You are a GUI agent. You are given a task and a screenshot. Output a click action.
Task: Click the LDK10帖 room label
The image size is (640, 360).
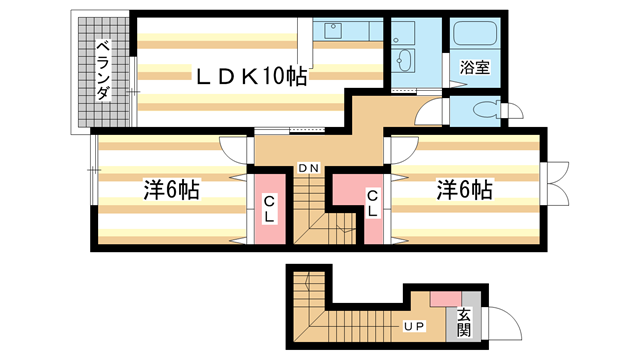[x=251, y=76]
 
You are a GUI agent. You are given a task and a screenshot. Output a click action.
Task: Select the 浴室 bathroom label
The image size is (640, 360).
[x=475, y=67]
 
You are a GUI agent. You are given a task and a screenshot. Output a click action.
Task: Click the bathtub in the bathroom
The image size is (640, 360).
[x=475, y=33]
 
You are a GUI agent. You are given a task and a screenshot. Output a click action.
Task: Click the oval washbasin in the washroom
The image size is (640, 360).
[x=404, y=61]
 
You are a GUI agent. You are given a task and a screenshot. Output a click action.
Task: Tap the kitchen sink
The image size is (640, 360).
[x=333, y=31]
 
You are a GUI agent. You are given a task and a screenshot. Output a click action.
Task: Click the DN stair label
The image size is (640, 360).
[x=309, y=168]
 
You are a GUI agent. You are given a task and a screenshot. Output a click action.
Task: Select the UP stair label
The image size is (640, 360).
[x=414, y=326]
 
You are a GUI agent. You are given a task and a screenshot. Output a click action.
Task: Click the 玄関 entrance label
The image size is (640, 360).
[x=464, y=322]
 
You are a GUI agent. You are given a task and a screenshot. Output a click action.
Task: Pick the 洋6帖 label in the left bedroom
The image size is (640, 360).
[x=171, y=190]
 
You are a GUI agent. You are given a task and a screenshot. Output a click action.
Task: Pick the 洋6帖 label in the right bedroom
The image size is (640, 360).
[x=464, y=190]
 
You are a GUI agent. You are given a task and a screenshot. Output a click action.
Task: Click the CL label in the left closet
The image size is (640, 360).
[x=269, y=209]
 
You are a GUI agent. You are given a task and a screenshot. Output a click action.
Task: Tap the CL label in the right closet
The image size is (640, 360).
[x=372, y=204]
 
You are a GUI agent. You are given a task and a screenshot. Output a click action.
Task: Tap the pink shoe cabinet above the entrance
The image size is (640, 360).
[x=446, y=299]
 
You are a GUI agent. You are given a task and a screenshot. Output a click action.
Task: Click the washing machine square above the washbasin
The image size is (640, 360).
[x=403, y=32]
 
